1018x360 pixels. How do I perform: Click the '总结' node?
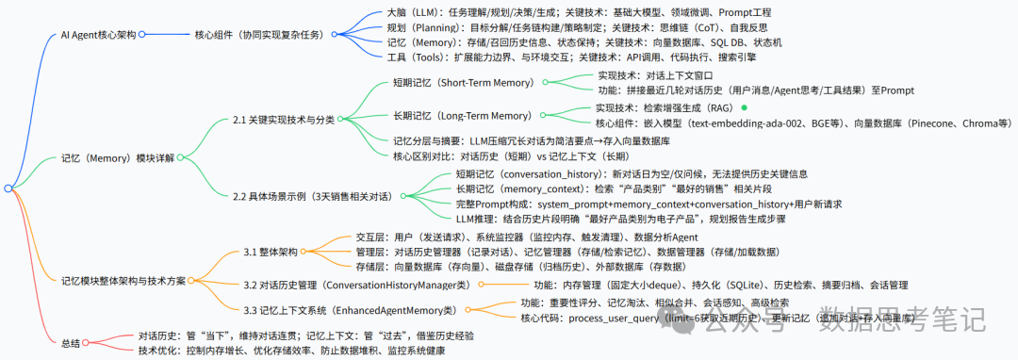(72, 343)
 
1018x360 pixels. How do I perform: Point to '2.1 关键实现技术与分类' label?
(283, 121)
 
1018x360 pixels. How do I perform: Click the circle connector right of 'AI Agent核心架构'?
(143, 35)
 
